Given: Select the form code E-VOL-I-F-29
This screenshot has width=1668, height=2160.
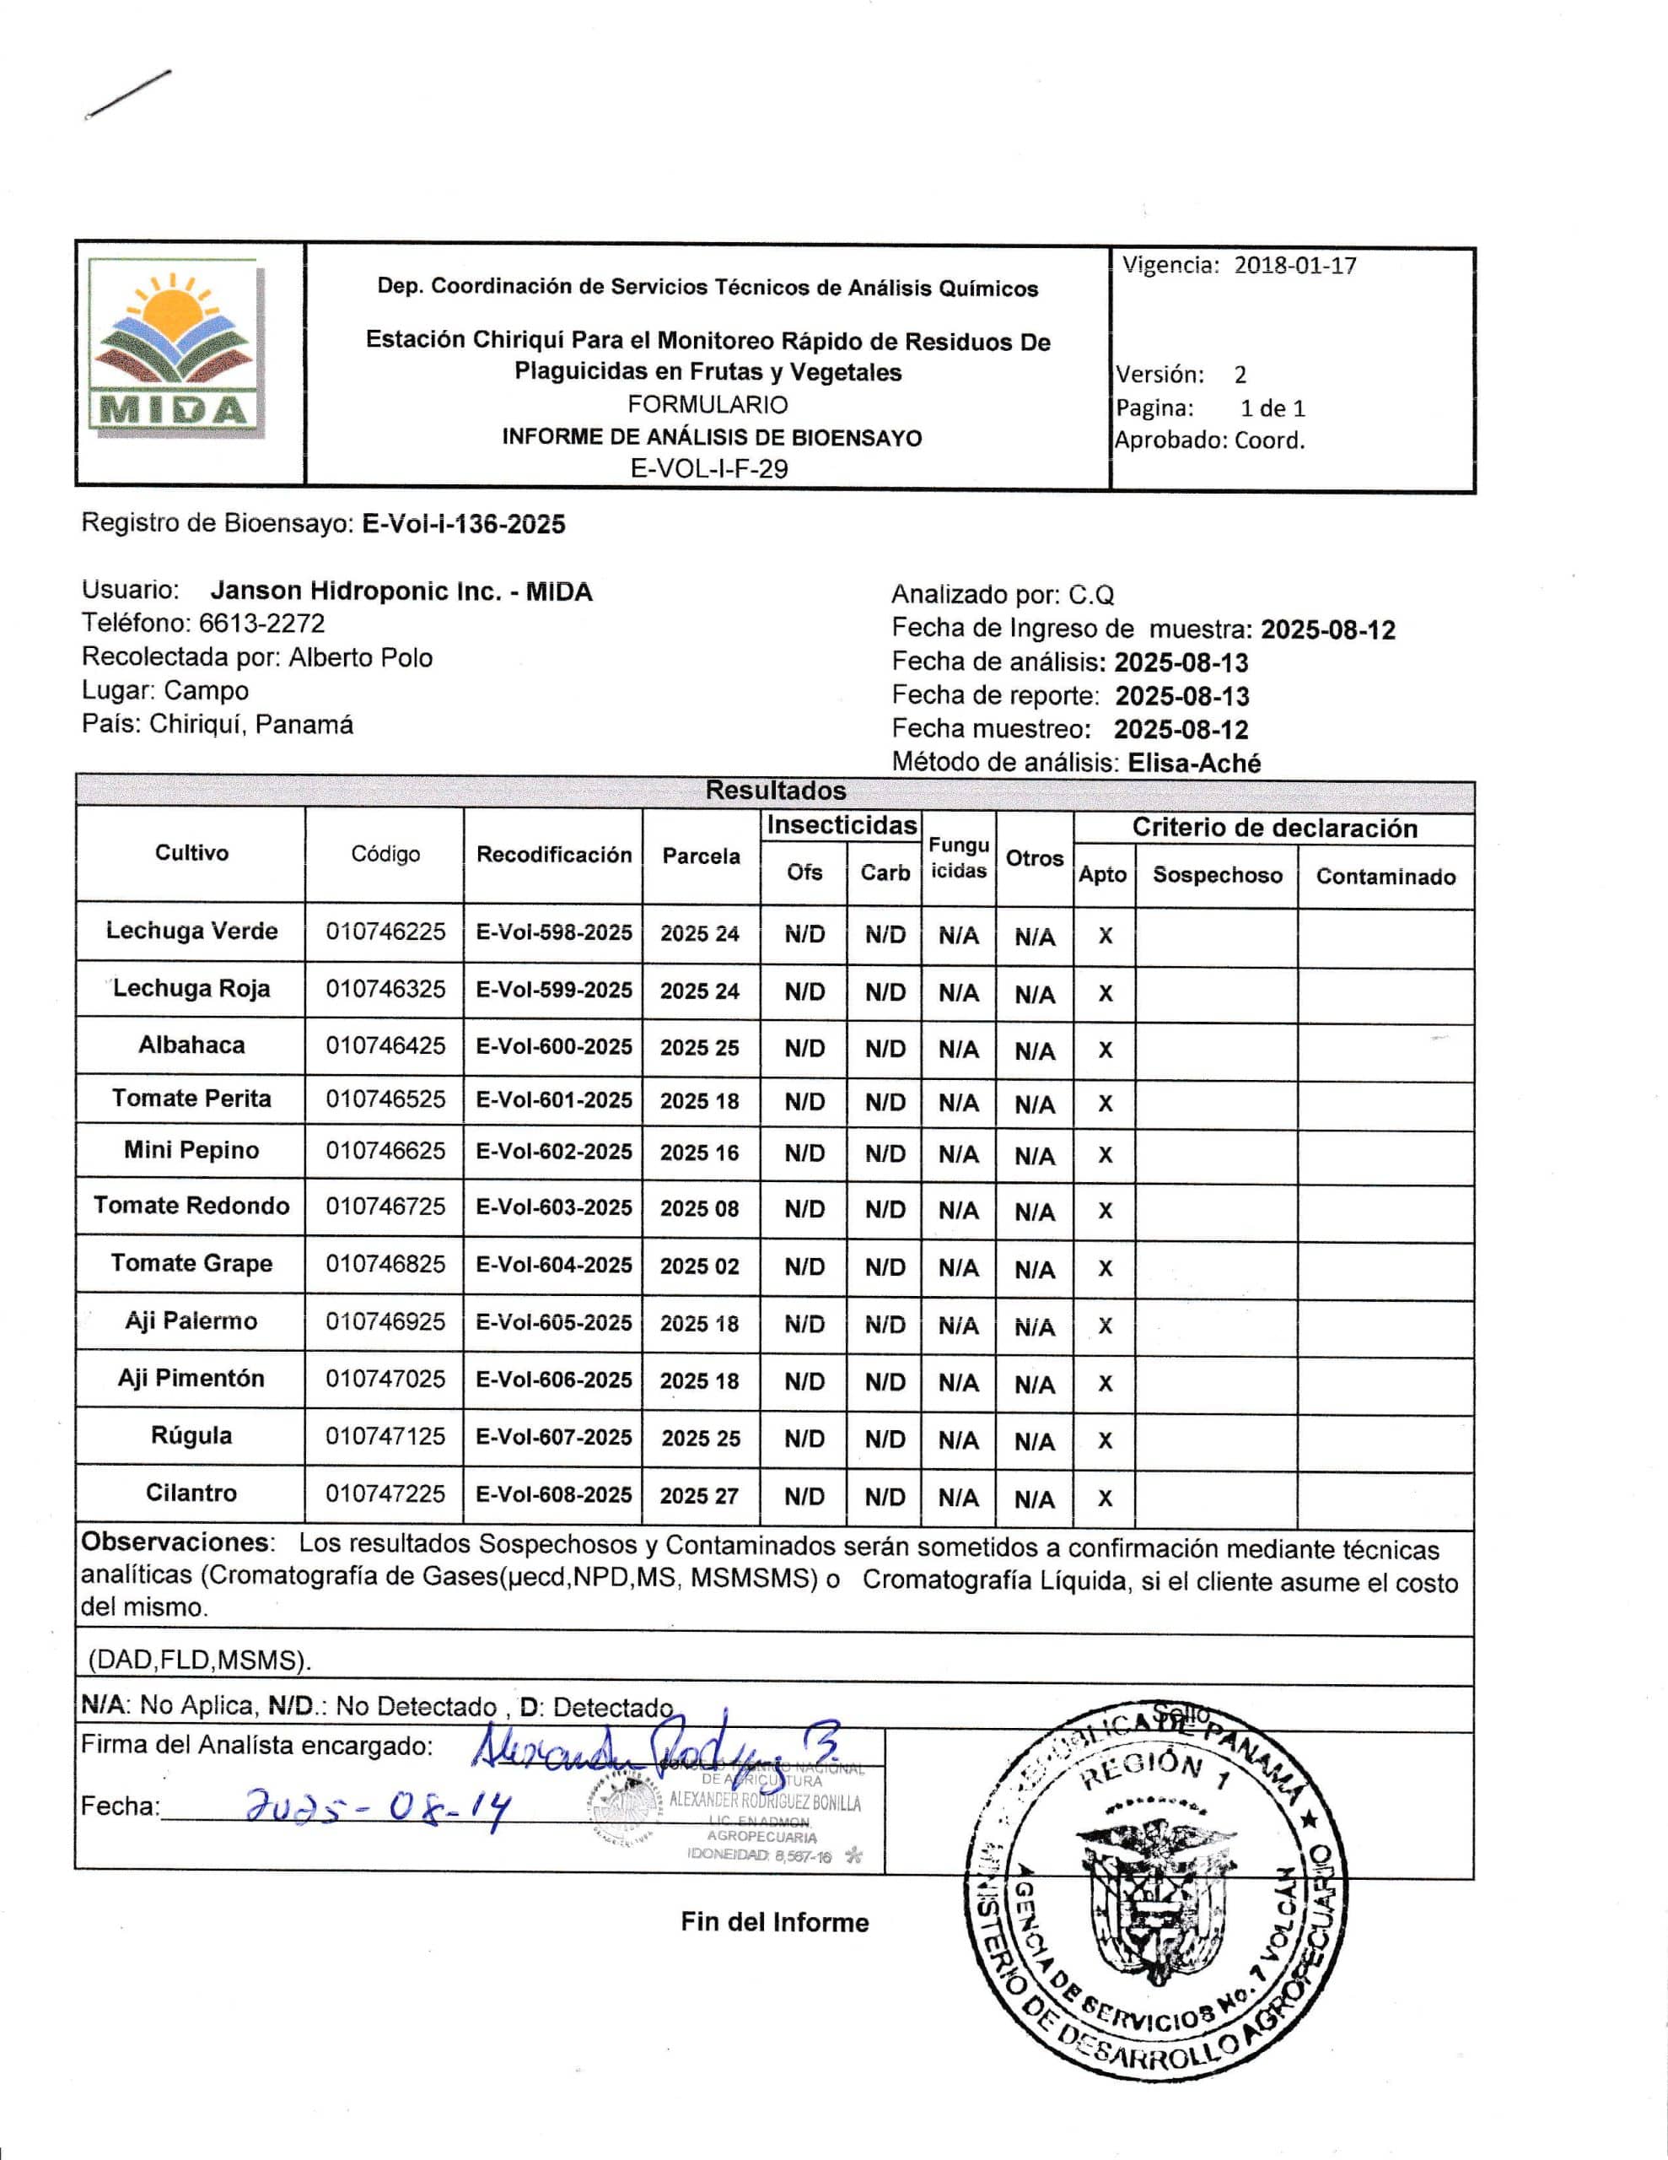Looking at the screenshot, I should click(x=709, y=469).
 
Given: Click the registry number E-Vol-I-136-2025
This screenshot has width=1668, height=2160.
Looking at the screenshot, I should click(x=464, y=524).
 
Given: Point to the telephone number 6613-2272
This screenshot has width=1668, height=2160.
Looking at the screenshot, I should click(x=262, y=624).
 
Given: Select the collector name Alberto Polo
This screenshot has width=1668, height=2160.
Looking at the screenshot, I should click(x=360, y=657).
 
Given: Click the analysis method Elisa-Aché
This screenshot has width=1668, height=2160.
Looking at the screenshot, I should click(x=1193, y=764).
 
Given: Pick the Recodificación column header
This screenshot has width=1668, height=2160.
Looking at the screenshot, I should click(x=554, y=855).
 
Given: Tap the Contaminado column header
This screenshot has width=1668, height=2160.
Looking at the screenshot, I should click(x=1386, y=877).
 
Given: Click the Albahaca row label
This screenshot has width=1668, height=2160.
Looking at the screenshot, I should click(x=191, y=1045).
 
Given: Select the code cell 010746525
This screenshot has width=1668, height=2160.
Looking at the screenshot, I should click(x=385, y=1099).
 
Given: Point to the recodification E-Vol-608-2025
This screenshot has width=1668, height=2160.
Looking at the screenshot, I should click(x=554, y=1494).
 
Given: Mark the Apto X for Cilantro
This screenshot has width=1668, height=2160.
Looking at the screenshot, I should click(x=1106, y=1498).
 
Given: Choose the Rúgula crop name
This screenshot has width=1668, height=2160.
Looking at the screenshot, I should click(x=191, y=1436).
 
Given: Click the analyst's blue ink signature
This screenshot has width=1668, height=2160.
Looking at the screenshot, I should click(x=653, y=1752).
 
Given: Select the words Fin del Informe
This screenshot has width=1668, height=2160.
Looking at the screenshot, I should click(x=774, y=1923).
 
